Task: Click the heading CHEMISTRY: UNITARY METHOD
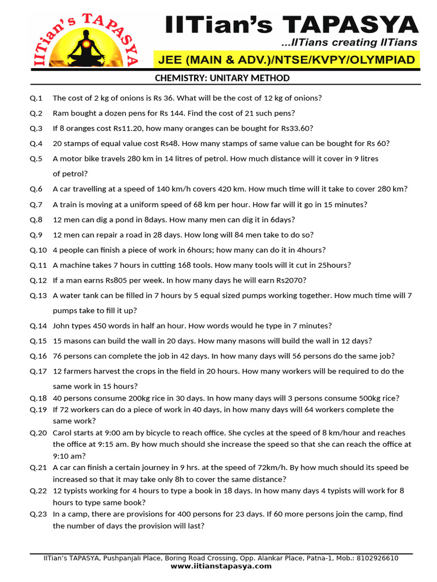tap(222, 78)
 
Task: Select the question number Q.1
tap(36, 98)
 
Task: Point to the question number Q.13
tap(39, 296)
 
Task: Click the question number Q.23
tap(39, 514)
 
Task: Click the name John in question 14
tap(62, 326)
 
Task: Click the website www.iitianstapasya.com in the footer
tap(221, 566)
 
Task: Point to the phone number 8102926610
tap(378, 558)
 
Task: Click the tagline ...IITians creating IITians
tap(349, 43)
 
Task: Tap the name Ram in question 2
tap(60, 113)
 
